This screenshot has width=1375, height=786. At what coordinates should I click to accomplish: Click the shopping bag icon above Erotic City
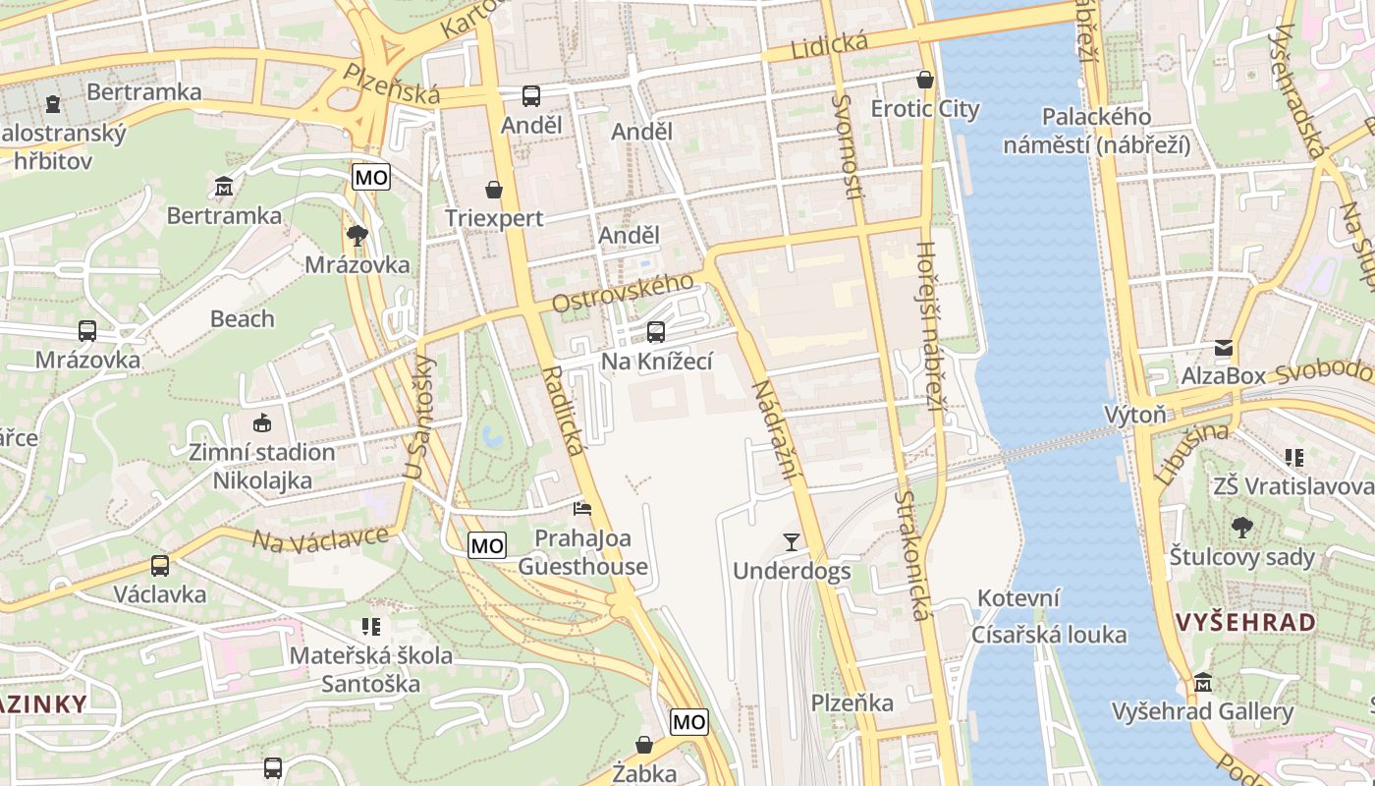point(924,79)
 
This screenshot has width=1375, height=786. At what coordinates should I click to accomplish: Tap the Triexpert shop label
point(494,217)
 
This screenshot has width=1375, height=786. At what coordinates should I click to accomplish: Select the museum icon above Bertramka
point(224,185)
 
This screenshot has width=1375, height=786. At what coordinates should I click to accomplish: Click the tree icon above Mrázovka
point(357,235)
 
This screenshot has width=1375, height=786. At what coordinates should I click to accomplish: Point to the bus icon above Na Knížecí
point(655,332)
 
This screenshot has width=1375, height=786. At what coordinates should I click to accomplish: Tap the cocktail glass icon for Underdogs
point(792,541)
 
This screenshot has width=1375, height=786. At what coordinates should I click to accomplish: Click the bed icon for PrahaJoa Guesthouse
point(582,509)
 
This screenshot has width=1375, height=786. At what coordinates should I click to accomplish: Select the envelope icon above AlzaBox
point(1224,347)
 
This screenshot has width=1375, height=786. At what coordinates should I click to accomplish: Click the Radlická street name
point(563,410)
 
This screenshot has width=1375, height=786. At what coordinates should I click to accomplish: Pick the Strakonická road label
point(911,556)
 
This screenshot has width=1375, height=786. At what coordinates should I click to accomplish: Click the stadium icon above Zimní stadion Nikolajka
point(261,423)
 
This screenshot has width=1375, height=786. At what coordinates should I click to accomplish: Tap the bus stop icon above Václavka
point(160,566)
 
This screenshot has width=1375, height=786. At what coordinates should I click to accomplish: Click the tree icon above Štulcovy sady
point(1241,528)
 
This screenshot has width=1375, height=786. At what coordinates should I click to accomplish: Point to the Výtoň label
point(1134,415)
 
